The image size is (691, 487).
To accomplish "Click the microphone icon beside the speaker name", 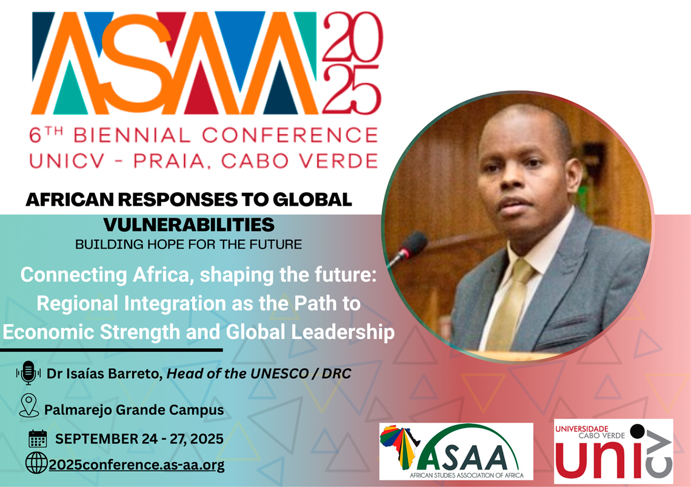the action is click(x=28, y=373).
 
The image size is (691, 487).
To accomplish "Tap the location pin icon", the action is click(x=29, y=405).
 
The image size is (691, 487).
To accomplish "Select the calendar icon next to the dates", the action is click(x=38, y=438).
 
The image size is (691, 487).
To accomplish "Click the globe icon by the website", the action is click(x=36, y=463).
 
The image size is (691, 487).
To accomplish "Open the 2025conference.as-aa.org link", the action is click(x=136, y=465).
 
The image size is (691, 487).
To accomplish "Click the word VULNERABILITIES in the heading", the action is click(x=189, y=224).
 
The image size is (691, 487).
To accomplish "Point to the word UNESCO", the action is click(x=279, y=374).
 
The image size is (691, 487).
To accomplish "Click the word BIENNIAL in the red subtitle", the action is click(x=132, y=135).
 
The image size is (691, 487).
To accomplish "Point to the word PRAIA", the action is click(x=169, y=161).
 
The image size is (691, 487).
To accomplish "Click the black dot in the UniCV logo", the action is click(x=637, y=431).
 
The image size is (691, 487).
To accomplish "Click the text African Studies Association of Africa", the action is click(x=467, y=475).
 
